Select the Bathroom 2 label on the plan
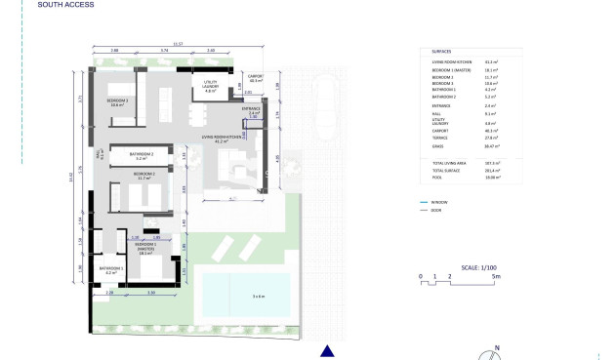click(143, 155)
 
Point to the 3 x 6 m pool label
click(257, 295)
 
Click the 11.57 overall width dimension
click(178, 44)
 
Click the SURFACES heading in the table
click(441, 52)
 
